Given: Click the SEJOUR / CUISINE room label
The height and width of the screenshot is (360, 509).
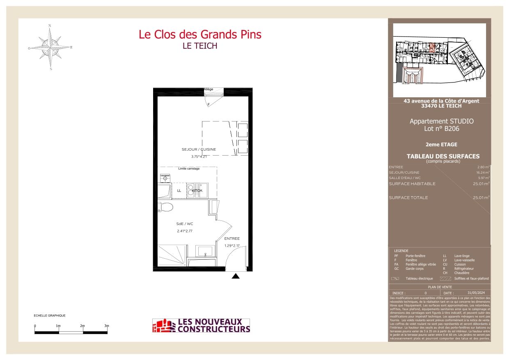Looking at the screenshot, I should point(199,149).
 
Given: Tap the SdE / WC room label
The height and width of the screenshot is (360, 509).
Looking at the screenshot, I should point(184,224).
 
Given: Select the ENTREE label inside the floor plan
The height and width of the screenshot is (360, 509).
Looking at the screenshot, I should point(232,238).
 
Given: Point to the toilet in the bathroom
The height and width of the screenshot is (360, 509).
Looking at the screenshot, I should point(165,206).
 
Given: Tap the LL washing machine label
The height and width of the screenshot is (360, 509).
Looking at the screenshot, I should point(179,191).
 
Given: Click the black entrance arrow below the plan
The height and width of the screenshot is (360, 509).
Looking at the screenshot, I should point(236,276).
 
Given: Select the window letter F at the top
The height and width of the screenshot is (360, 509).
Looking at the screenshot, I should point(208,105).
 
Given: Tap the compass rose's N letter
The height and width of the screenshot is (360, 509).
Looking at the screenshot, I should point(50,25).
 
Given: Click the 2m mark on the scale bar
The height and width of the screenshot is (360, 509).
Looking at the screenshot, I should point(83,326).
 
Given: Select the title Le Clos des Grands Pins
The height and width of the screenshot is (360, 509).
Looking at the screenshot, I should point(200,34).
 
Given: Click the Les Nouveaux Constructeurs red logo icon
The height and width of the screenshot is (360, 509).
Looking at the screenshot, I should point(163,326).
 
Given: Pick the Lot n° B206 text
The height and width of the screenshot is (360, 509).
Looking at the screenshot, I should point(441,129).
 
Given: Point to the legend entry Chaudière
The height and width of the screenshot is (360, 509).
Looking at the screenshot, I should point(462,273).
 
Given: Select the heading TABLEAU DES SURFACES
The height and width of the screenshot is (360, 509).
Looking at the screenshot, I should point(443,156).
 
